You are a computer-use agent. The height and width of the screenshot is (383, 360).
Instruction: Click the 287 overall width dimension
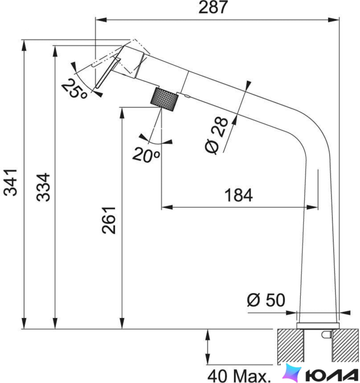coord(213,7)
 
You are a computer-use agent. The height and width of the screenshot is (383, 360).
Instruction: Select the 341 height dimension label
coord(10,182)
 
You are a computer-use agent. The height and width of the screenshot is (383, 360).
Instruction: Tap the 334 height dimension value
coord(43,187)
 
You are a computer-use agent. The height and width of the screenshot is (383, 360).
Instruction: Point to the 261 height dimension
coord(109,220)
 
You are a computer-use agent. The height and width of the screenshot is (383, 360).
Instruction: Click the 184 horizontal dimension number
coord(238,195)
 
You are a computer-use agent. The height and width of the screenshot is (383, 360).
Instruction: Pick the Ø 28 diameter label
coord(216,135)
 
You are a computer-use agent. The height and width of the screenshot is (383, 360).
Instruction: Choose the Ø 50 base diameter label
coord(266,300)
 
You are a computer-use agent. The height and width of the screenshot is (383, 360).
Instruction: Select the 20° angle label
coord(146,155)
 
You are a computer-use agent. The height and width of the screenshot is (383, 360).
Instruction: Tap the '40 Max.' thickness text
coord(238,376)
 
